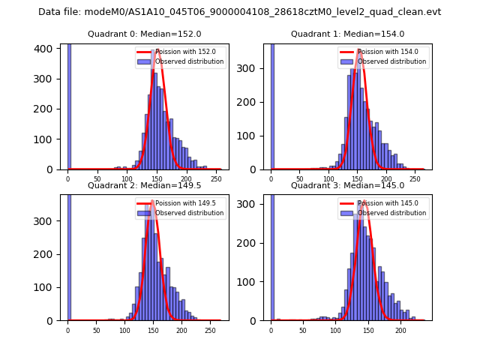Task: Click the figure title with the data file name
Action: [239, 12]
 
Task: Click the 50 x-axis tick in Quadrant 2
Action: [96, 329]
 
